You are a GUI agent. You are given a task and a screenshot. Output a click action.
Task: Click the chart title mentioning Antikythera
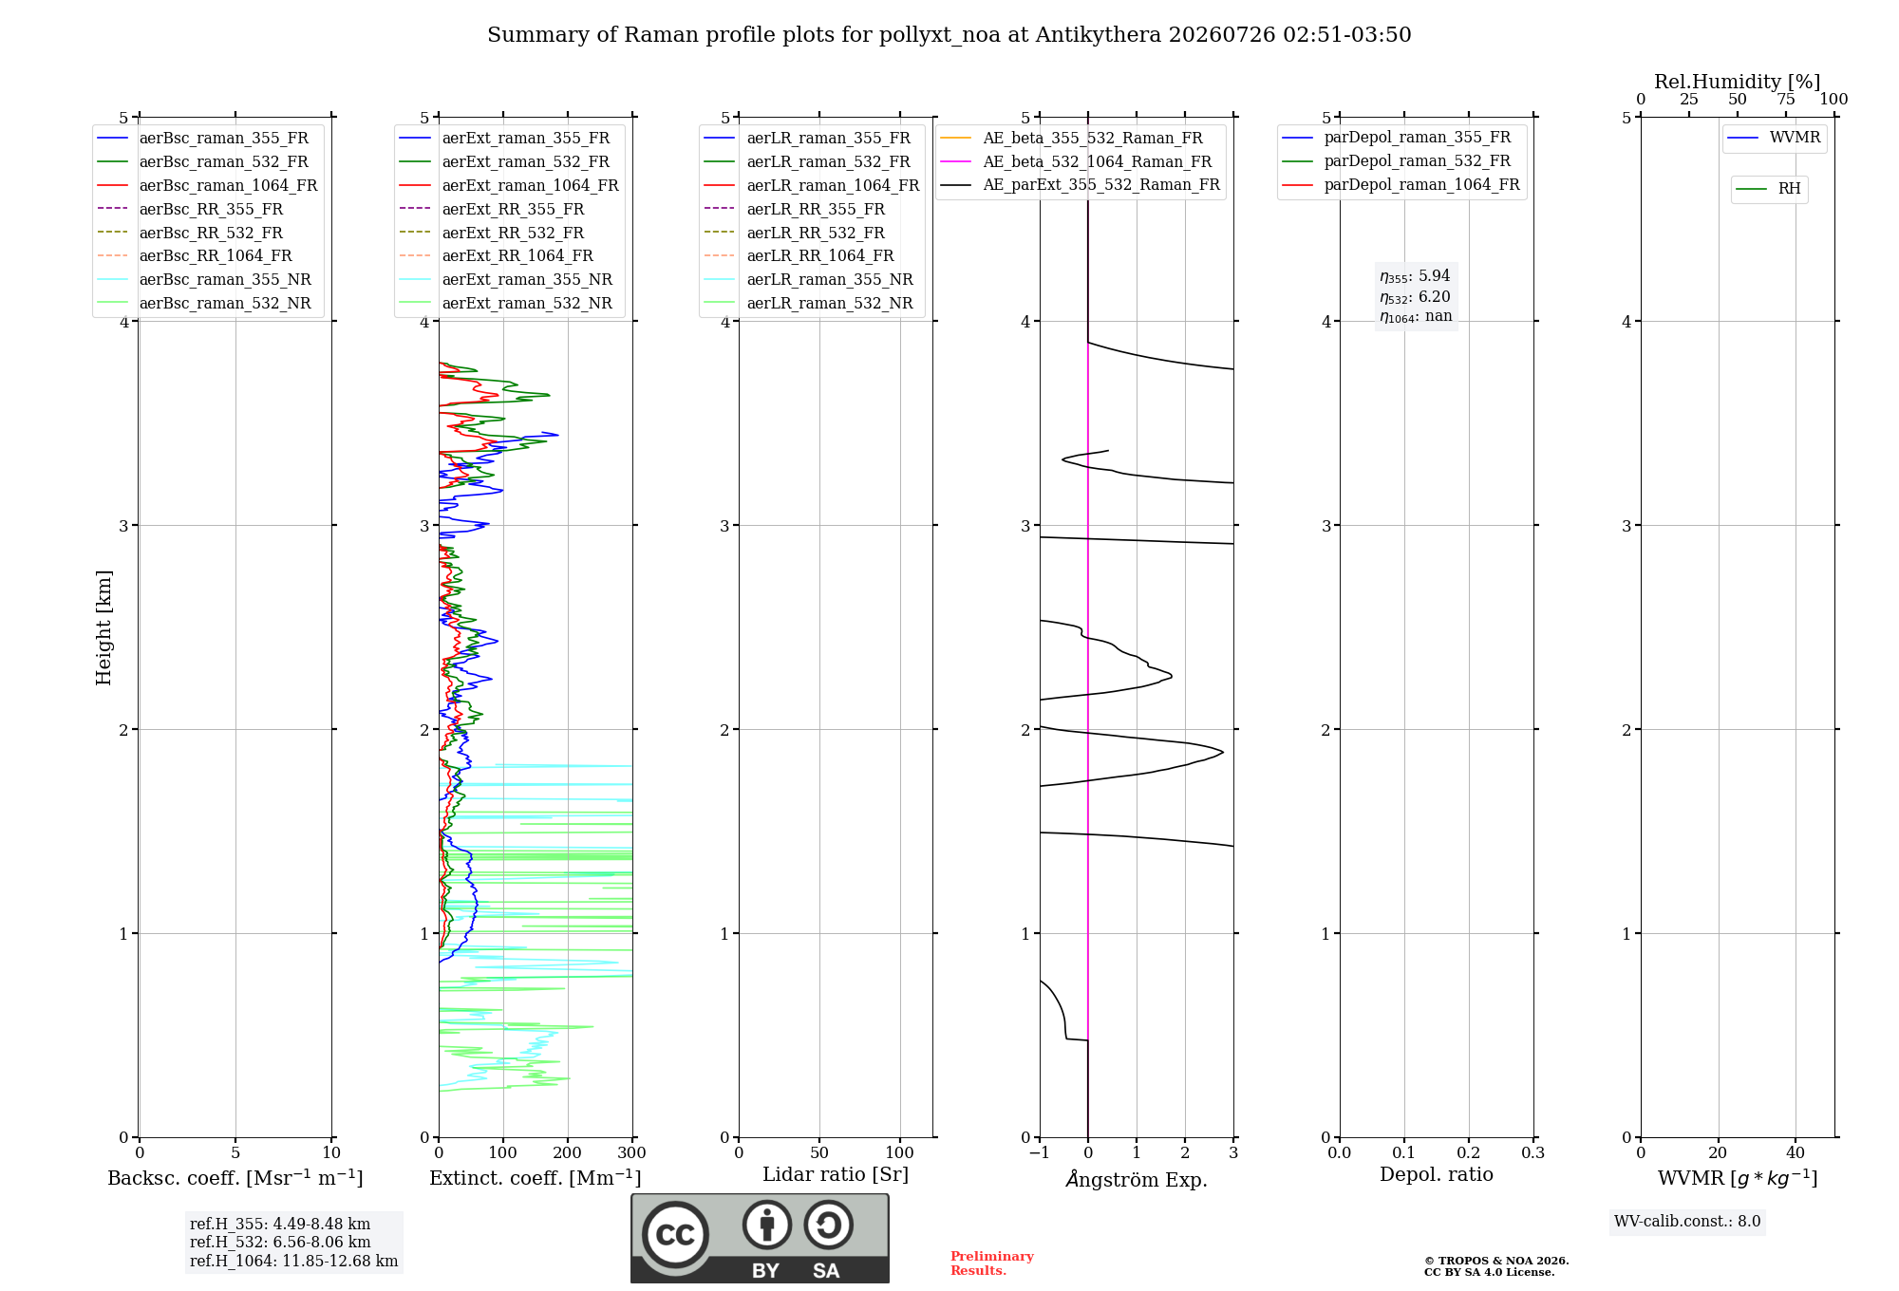[949, 35]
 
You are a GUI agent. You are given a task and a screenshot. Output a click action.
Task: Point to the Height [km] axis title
[103, 627]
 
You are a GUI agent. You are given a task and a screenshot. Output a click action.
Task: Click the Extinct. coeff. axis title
[536, 1178]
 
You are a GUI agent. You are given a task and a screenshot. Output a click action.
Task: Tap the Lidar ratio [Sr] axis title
[836, 1174]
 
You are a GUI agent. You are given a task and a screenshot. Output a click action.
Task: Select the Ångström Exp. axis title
[1137, 1179]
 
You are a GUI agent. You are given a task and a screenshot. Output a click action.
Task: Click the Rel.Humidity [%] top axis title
[1738, 82]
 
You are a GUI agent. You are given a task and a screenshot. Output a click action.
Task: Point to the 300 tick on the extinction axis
[632, 1152]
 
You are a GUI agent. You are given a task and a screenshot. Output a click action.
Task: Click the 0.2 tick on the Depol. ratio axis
[1469, 1152]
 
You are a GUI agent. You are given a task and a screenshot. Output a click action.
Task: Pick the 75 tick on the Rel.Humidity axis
[1786, 100]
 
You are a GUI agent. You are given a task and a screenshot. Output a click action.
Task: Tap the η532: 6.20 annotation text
[1415, 297]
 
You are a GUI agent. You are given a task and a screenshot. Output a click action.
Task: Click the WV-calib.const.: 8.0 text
[1687, 1222]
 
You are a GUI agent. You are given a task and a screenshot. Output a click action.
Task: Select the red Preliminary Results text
[992, 1263]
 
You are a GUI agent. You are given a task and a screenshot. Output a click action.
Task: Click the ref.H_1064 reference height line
[293, 1262]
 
